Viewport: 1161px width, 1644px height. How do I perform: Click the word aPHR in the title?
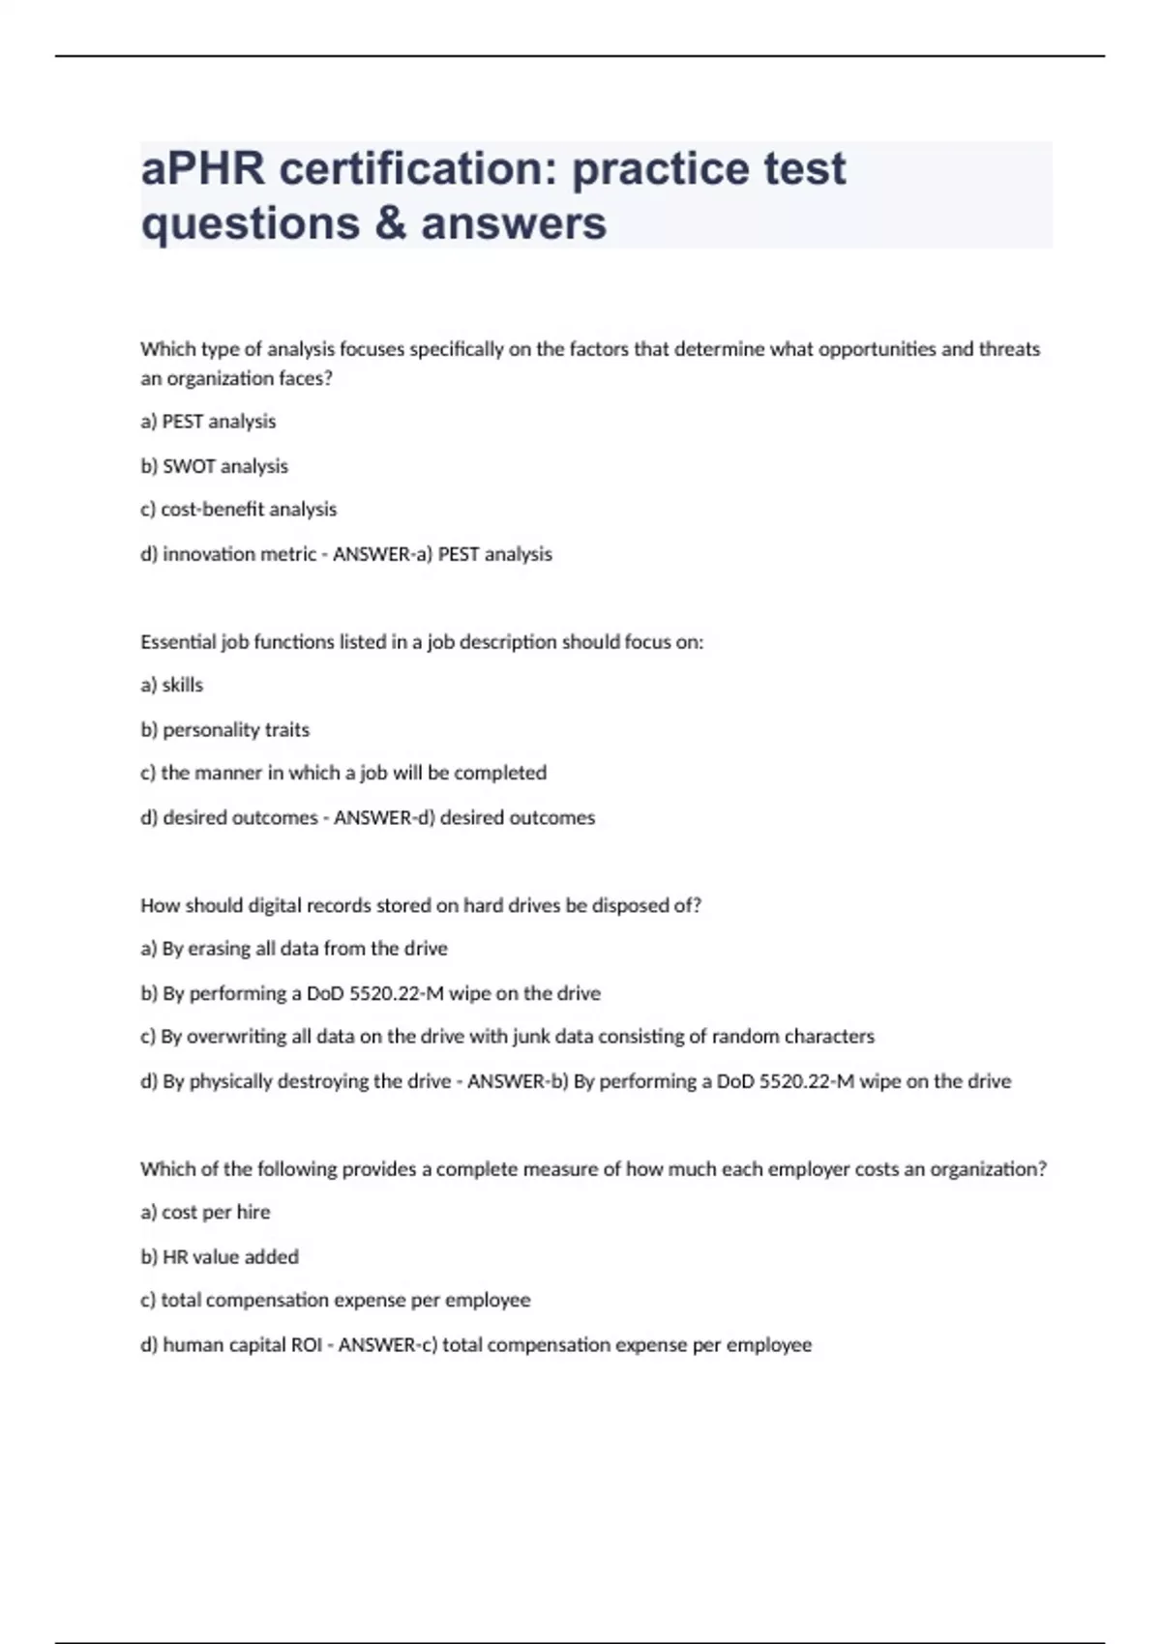pos(202,169)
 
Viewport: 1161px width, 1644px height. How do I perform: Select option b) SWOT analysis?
pos(214,466)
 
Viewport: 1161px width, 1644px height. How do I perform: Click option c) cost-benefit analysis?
pos(238,510)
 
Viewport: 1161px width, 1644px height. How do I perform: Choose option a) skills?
pos(171,686)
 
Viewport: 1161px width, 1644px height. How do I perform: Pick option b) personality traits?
pos(224,730)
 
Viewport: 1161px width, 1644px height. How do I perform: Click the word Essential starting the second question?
pos(172,642)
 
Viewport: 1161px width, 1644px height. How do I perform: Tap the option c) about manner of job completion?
pos(343,774)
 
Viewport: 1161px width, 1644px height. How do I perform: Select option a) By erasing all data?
pos(293,949)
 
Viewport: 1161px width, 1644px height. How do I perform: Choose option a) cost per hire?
pos(205,1213)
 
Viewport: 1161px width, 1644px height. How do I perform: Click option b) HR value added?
pos(219,1257)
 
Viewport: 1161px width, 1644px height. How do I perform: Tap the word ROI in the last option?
pos(306,1345)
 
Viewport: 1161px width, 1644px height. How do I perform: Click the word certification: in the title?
pos(418,169)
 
